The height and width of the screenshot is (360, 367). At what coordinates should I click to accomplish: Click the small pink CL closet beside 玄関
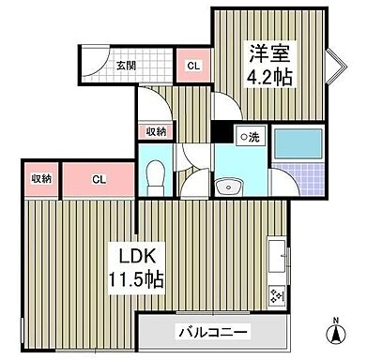pyautogui.click(x=192, y=66)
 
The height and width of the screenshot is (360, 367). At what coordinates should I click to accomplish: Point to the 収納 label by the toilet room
pyautogui.click(x=157, y=131)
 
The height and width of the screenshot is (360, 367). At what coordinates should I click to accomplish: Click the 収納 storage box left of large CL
pyautogui.click(x=39, y=178)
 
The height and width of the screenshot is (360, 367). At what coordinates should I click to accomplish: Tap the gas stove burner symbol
pyautogui.click(x=279, y=296)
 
